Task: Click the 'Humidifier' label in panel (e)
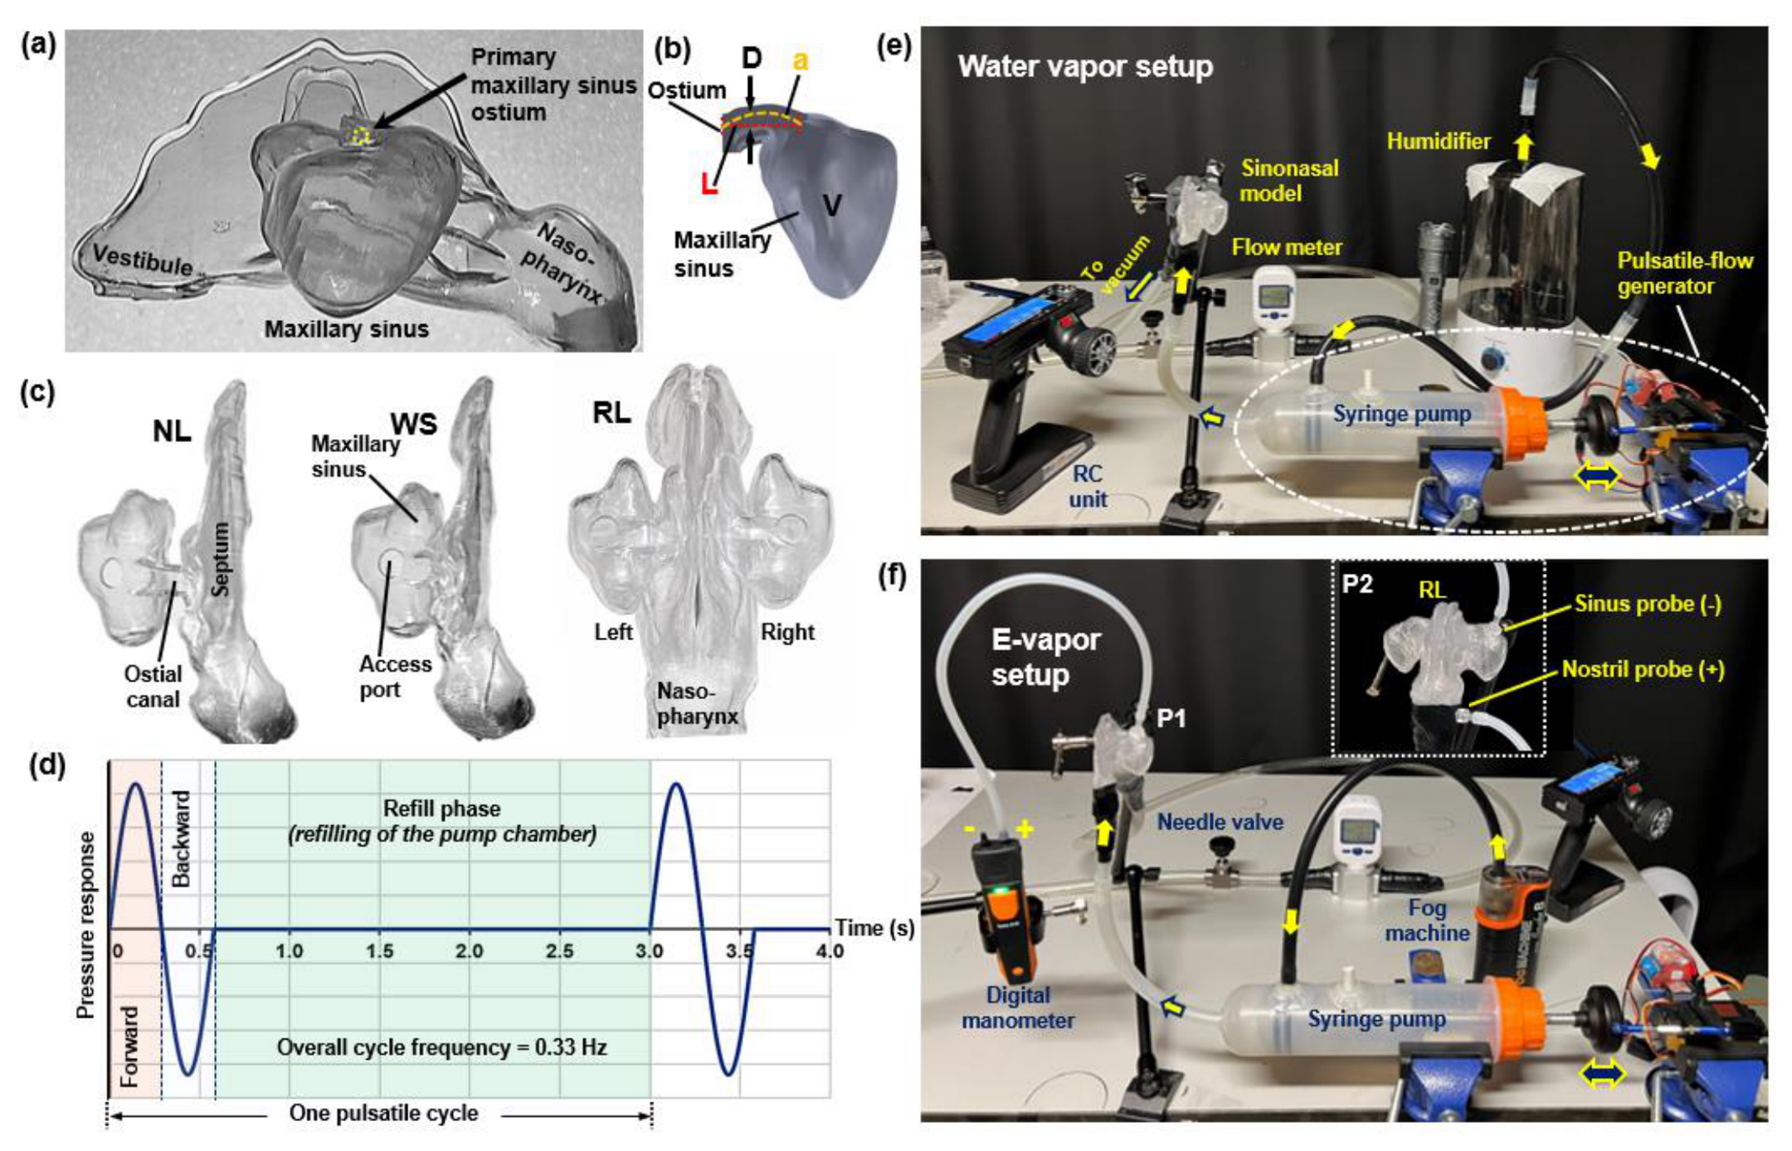(1439, 141)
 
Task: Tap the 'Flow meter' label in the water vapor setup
(1287, 247)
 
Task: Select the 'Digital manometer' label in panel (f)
(1018, 1008)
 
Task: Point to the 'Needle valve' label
(1220, 822)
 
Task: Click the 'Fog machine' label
(1427, 920)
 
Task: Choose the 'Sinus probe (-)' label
(1648, 604)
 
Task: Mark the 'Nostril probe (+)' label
(1643, 669)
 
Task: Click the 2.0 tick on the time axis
(469, 950)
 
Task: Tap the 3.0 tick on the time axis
(650, 950)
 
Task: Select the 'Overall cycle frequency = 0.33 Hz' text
(442, 1047)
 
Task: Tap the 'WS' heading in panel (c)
(414, 425)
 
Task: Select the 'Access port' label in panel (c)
(395, 677)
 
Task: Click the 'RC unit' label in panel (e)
(1087, 487)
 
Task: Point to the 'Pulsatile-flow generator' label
(1685, 274)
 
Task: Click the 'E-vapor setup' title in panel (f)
(1046, 657)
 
